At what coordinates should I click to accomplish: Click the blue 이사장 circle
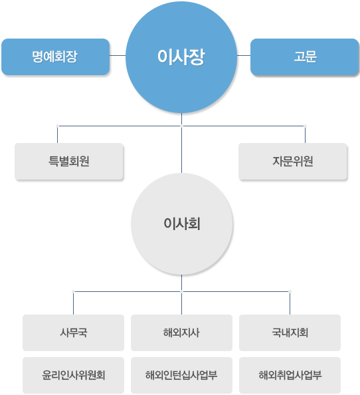tap(181, 57)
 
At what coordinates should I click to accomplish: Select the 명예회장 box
tap(56, 57)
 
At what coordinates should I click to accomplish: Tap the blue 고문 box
tap(305, 57)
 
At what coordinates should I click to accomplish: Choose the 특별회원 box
tap(69, 161)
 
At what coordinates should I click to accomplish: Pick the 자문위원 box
tap(293, 161)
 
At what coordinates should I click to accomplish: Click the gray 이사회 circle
tap(181, 223)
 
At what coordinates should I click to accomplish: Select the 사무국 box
tap(74, 332)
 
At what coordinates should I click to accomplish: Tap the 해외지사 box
tap(181, 332)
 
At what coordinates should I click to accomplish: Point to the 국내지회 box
tap(290, 332)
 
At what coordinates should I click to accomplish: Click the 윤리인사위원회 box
tap(74, 375)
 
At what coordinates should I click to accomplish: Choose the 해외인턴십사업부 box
tap(181, 375)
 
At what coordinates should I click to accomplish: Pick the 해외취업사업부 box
tap(290, 375)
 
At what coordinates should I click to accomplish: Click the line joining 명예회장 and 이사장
tap(118, 55)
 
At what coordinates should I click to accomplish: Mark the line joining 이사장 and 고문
tap(244, 55)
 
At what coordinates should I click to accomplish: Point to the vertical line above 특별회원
tap(57, 134)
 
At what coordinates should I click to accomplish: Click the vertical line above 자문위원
tap(305, 134)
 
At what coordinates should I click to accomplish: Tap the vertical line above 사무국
tap(74, 303)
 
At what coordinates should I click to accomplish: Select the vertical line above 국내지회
tap(290, 303)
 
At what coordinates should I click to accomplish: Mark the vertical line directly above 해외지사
tap(181, 303)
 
